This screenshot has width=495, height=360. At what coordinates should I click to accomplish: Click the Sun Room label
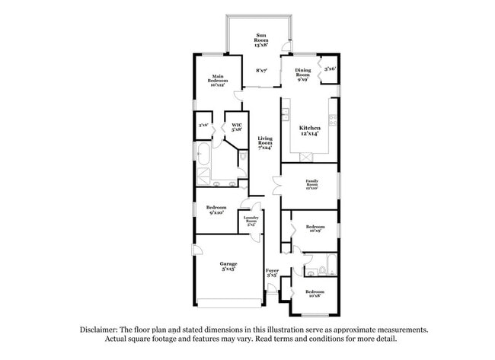(x=261, y=40)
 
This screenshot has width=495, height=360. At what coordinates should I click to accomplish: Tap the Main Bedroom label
(x=219, y=79)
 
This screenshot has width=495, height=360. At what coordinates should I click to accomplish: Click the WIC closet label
(x=237, y=128)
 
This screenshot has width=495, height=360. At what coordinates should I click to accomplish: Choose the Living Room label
(x=265, y=143)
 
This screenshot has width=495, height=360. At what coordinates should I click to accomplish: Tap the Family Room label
(x=311, y=185)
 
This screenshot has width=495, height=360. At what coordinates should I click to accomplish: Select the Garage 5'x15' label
(x=229, y=266)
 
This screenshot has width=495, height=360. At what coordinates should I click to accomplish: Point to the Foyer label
(x=271, y=272)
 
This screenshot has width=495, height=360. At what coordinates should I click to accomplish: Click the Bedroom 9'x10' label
(x=216, y=209)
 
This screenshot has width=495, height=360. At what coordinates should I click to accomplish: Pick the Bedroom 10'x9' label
(x=316, y=228)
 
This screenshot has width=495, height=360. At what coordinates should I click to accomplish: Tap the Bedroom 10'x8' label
(x=316, y=293)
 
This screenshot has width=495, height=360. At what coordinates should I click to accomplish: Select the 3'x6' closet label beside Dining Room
(x=331, y=69)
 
